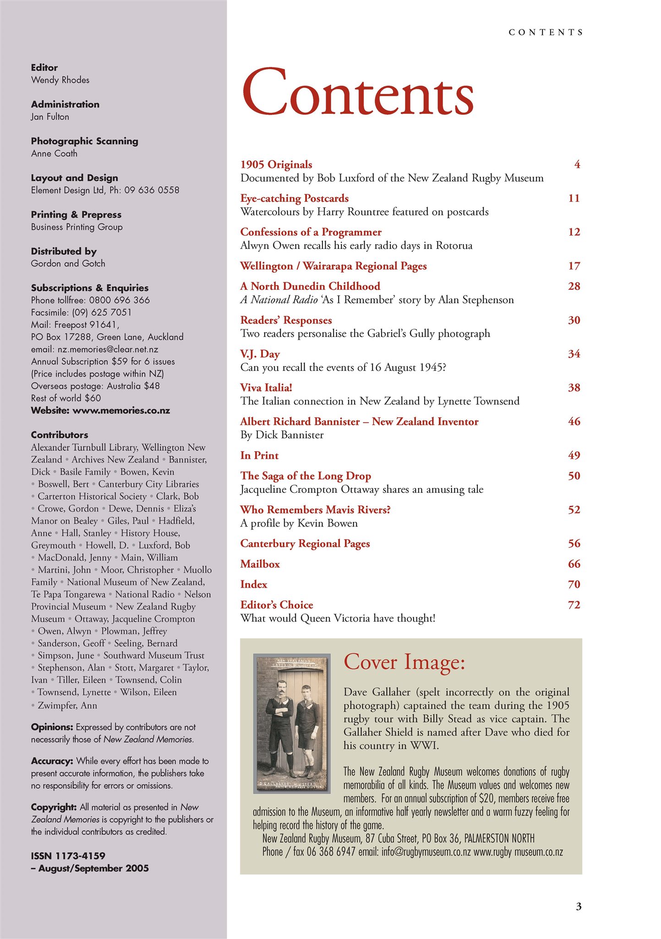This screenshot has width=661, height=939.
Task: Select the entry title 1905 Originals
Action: [276, 165]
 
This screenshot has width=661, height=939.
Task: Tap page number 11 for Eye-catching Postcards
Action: [574, 199]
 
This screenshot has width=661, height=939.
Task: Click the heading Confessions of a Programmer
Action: [311, 232]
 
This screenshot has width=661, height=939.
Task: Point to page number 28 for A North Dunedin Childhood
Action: [574, 287]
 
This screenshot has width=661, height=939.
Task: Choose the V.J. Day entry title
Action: [260, 354]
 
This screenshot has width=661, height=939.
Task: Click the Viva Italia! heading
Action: [266, 388]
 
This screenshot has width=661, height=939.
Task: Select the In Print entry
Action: [259, 456]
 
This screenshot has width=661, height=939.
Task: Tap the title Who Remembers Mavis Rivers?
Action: [315, 510]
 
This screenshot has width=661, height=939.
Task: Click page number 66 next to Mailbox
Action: [574, 564]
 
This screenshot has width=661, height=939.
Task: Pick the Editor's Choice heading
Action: [277, 605]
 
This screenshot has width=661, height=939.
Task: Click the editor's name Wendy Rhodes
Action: [60, 80]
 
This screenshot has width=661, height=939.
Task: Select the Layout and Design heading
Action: [74, 178]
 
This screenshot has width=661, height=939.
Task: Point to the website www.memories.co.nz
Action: [121, 411]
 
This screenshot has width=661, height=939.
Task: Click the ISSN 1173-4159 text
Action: [68, 856]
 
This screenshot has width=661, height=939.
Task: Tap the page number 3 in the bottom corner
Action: [578, 906]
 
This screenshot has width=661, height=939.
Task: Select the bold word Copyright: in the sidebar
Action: [54, 807]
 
